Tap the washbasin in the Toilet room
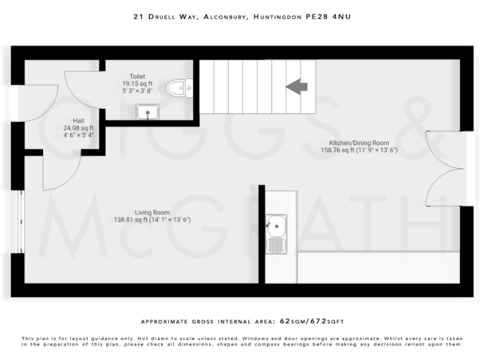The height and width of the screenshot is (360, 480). [x=147, y=112]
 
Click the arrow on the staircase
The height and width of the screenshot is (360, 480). [x=297, y=87]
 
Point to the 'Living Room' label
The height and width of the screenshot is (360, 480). [x=152, y=212]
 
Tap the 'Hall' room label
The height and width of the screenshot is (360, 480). [x=78, y=121]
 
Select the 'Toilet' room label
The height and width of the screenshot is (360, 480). [x=138, y=76]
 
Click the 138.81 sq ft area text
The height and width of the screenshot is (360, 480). [x=134, y=220]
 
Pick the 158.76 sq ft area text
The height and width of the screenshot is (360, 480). [x=341, y=150]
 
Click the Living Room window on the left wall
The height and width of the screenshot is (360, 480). [x=21, y=222]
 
